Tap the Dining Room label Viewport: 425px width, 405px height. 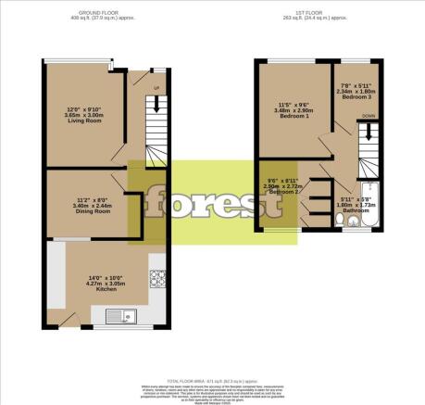[x=93, y=211]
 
